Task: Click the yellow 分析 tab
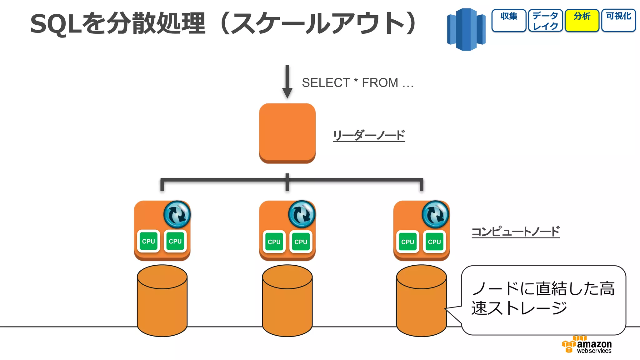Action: coord(582,20)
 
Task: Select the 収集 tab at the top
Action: coord(509,20)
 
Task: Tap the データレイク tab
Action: coord(545,20)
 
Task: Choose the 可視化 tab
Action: coord(618,20)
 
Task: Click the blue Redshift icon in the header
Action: coord(466,30)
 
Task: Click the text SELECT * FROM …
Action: coord(357,83)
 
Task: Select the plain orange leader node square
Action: coord(287,133)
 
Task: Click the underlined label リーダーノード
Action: coord(369,136)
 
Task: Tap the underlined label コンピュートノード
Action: coord(515,232)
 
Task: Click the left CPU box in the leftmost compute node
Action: coord(148,241)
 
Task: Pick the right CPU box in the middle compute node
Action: coord(301,242)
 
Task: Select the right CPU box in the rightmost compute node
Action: coord(434,242)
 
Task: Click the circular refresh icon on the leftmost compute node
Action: coord(177,214)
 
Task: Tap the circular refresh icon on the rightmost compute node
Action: coord(435,214)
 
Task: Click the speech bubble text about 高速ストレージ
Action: coord(543,298)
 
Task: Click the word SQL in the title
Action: coord(57,24)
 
